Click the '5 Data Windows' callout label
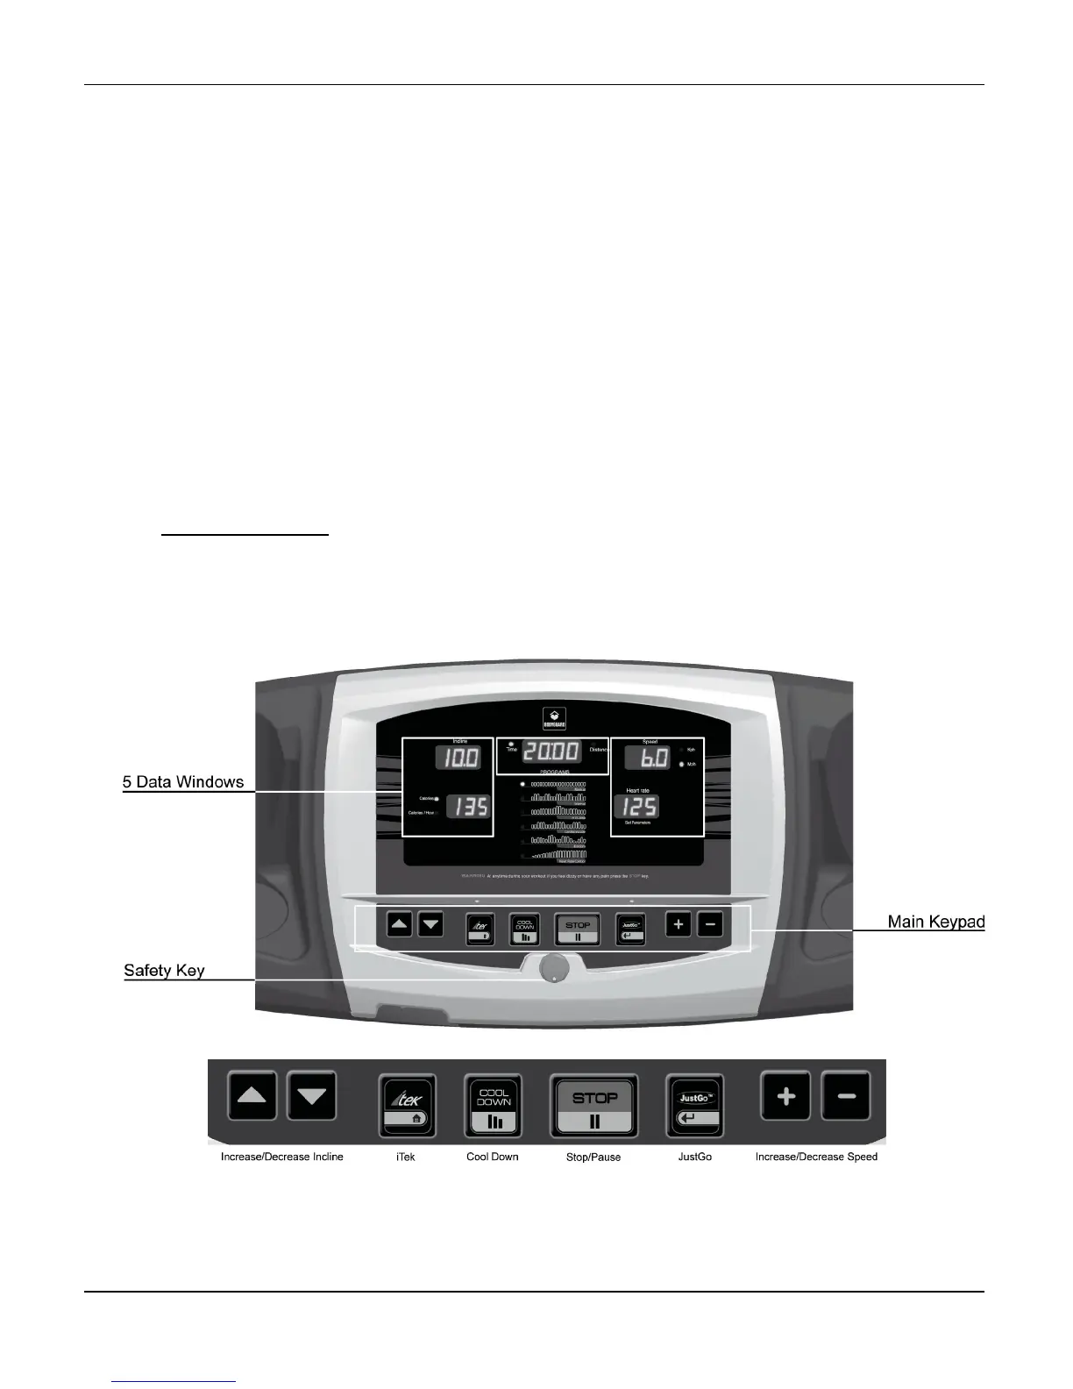pos(183,781)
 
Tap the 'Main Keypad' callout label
pos(936,922)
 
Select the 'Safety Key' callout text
pos(164,970)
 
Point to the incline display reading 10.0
pos(459,758)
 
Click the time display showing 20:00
pos(551,751)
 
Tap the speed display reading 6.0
pos(647,759)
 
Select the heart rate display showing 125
pos(640,807)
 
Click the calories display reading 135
pos(467,806)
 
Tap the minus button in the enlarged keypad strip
pos(846,1096)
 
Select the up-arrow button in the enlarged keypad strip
pos(252,1096)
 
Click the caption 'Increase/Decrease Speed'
pos(816,1157)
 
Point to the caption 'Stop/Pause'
pos(593,1157)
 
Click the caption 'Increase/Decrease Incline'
pos(282,1157)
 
